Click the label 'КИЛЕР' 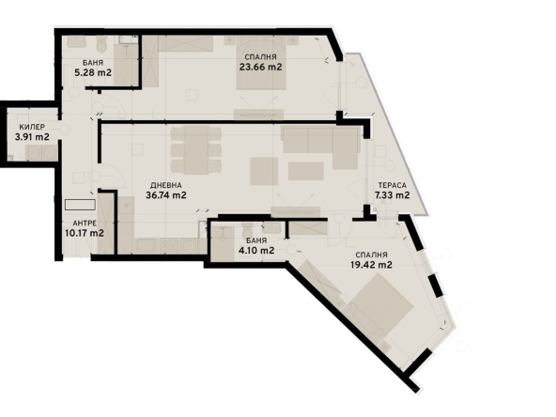coord(31,126)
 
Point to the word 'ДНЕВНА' coord(163,185)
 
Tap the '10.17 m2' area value coord(84,233)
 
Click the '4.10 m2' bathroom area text coord(254,250)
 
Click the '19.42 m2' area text coord(372,265)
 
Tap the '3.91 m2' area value coord(32,137)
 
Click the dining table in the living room coord(196,147)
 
